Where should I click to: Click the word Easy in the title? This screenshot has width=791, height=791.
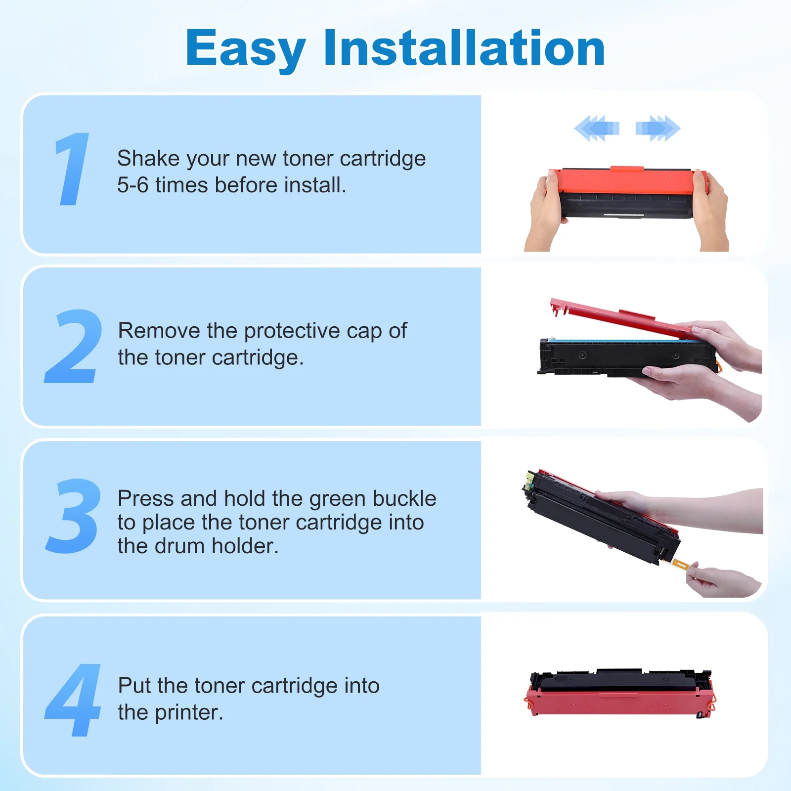pyautogui.click(x=245, y=48)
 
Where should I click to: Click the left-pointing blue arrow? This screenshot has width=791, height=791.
pyautogui.click(x=597, y=129)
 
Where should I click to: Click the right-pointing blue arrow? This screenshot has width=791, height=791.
pyautogui.click(x=658, y=129)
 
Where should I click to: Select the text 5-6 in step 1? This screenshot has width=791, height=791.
pyautogui.click(x=132, y=185)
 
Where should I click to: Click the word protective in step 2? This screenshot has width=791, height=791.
pyautogui.click(x=292, y=331)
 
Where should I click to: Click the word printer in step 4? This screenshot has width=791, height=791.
pyautogui.click(x=187, y=712)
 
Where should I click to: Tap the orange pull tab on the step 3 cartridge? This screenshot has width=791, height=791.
pyautogui.click(x=680, y=564)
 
